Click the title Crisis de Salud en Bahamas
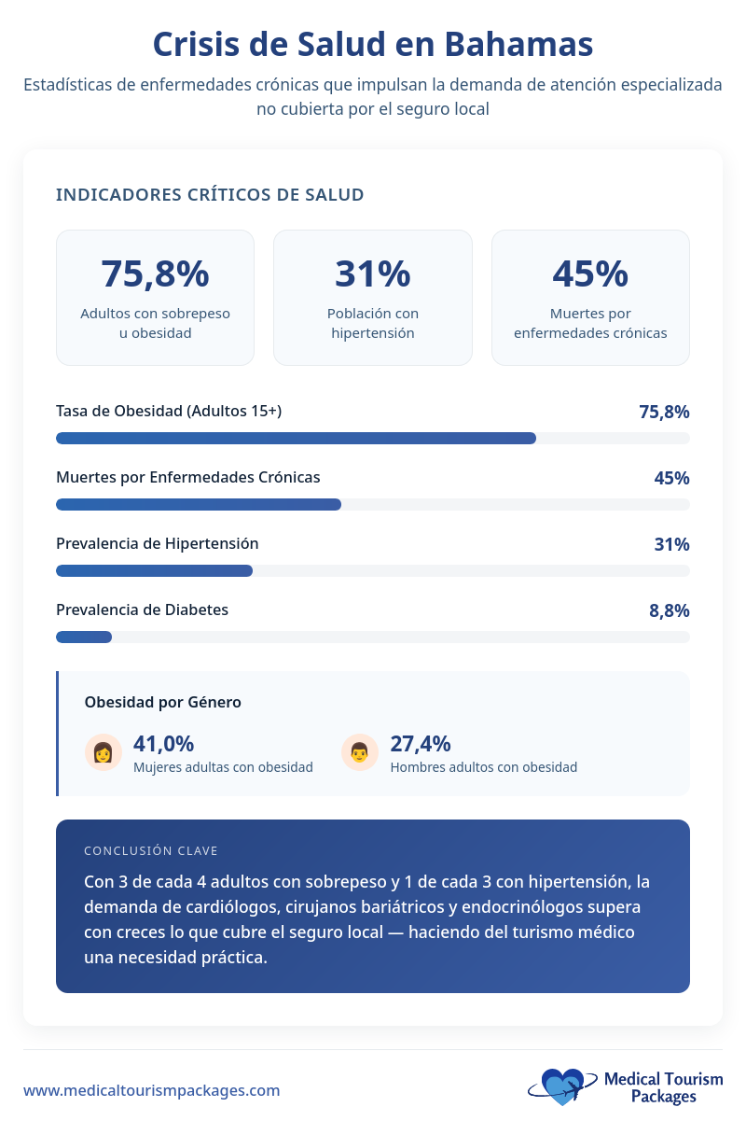[x=373, y=44]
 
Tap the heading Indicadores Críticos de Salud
[x=210, y=194]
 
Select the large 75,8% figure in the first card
[x=155, y=273]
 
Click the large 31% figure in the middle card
[x=372, y=273]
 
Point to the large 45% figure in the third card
[x=590, y=273]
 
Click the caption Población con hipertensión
[x=372, y=323]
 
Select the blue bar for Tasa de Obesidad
[x=296, y=438]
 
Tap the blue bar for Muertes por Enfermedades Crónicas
[x=199, y=504]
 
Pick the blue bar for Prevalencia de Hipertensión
[x=154, y=570]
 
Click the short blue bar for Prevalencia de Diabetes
[x=84, y=637]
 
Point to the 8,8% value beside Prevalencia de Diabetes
[x=669, y=610]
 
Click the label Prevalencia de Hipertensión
[x=158, y=543]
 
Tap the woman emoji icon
[x=103, y=752]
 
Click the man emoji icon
[x=359, y=752]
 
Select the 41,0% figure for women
[x=164, y=744]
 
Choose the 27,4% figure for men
[x=421, y=744]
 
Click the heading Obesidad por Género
[x=162, y=702]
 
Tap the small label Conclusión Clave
[x=151, y=850]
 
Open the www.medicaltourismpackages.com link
[x=151, y=1090]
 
